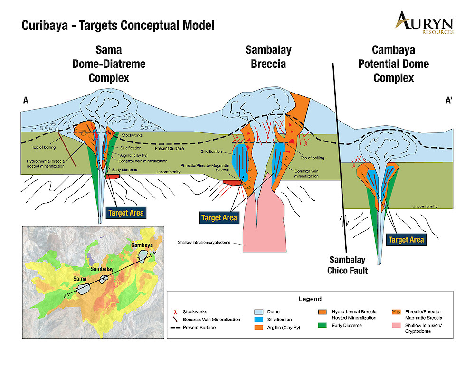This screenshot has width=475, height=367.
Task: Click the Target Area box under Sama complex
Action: tap(125, 213)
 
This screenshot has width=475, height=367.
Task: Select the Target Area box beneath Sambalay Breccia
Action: tap(218, 218)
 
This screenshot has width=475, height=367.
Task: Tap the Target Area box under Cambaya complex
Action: tap(406, 240)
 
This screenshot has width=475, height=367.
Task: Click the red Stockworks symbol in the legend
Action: tap(176, 312)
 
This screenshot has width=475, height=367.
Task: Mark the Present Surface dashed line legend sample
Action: tap(176, 328)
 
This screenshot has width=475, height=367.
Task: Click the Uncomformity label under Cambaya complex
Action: tap(424, 207)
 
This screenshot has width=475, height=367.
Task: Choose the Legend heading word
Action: tap(310, 299)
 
